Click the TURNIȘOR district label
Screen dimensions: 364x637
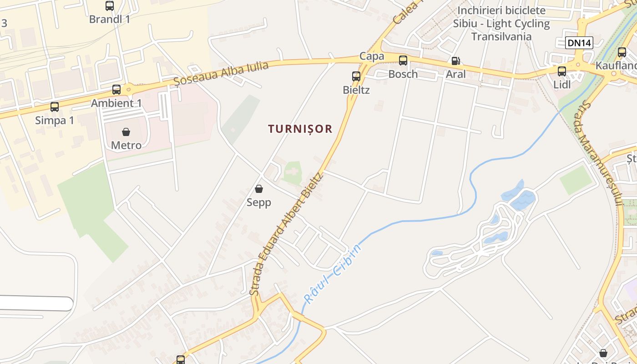(300, 129)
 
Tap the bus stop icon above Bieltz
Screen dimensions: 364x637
(356, 76)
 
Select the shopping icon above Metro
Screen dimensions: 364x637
(126, 132)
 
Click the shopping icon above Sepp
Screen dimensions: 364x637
(259, 189)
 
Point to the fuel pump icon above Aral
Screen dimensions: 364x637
(455, 61)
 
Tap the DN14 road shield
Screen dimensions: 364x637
(580, 43)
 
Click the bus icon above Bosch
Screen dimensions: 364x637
(403, 60)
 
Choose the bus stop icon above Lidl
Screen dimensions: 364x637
(562, 71)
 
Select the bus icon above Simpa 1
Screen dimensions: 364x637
(55, 107)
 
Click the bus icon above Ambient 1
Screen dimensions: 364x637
(116, 89)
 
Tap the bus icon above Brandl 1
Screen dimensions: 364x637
(110, 6)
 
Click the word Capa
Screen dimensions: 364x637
(372, 56)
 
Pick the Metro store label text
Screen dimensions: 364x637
(126, 145)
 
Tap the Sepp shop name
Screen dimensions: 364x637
(259, 202)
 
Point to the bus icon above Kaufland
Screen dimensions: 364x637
(622, 52)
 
